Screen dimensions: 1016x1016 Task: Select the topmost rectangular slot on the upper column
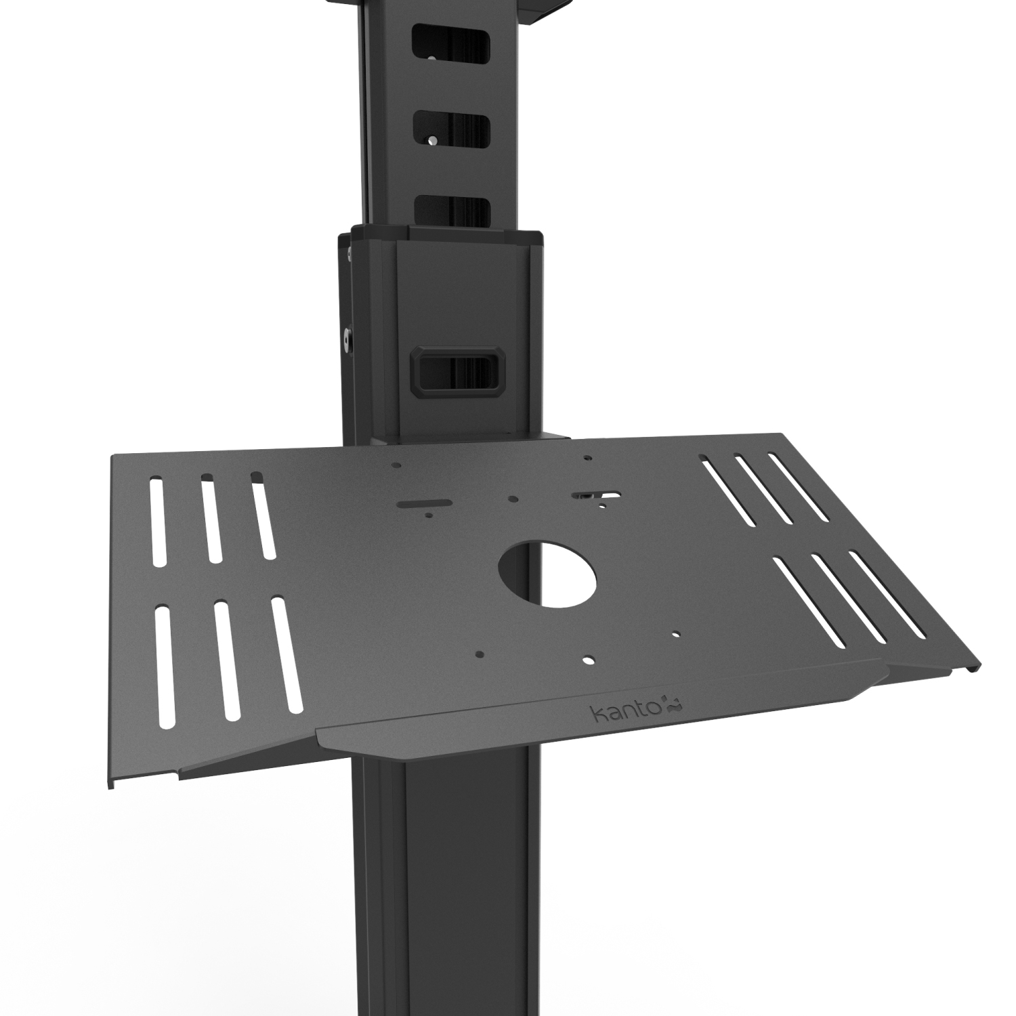pyautogui.click(x=452, y=49)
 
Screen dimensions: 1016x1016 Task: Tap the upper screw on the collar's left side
pyautogui.click(x=349, y=254)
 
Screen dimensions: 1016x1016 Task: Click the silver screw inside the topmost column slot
pyautogui.click(x=431, y=58)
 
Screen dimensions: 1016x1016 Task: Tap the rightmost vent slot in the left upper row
pyautogui.click(x=263, y=516)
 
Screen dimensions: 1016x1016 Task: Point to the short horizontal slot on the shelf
pyautogui.click(x=425, y=503)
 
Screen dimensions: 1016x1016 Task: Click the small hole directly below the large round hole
pyautogui.click(x=587, y=658)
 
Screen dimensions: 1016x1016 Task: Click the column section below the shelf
pyautogui.click(x=447, y=881)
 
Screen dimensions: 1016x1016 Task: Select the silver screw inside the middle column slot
pyautogui.click(x=431, y=140)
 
